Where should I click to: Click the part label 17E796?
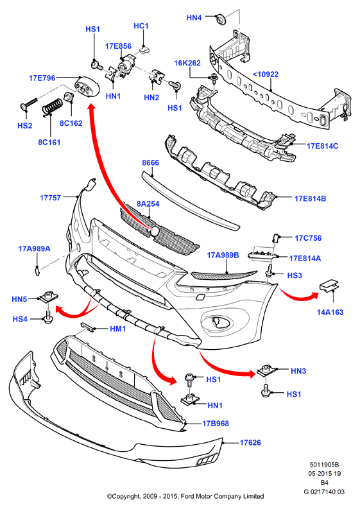tap(42, 78)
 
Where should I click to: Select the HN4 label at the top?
tap(194, 17)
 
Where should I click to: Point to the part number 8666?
tap(151, 162)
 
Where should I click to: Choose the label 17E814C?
tap(322, 146)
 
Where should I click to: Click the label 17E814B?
tap(311, 198)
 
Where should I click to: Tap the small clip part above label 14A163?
tap(329, 285)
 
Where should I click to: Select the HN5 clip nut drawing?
tap(48, 297)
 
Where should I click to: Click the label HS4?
tap(20, 319)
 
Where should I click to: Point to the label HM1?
tap(118, 329)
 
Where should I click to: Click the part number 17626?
tap(250, 442)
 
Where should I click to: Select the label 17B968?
tap(216, 423)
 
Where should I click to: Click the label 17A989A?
tap(35, 248)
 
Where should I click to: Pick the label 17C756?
tap(308, 238)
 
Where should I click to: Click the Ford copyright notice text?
tap(185, 496)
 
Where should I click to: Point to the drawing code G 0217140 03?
tap(324, 492)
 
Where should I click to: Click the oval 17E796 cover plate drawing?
tap(87, 87)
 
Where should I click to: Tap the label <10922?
tap(266, 74)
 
